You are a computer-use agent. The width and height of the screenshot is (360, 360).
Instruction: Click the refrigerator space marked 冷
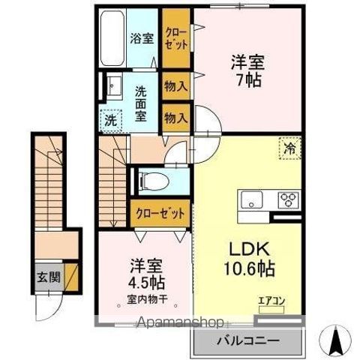(289, 148)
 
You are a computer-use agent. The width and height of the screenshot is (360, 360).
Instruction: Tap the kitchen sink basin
(250, 199)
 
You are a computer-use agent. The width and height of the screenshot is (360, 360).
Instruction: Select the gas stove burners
(288, 199)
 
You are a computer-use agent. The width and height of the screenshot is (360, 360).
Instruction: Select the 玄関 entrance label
(45, 275)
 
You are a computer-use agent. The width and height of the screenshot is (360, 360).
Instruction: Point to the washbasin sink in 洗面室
(114, 85)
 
